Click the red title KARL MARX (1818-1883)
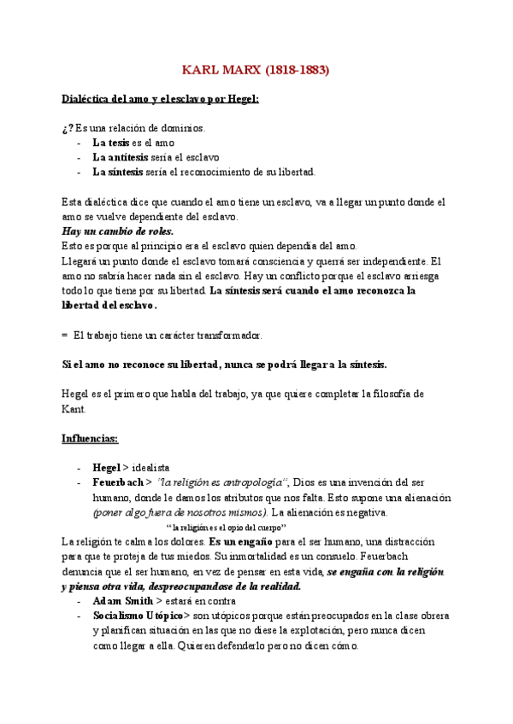tap(256, 69)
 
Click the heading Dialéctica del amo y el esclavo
tap(160, 99)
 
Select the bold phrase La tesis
tap(112, 143)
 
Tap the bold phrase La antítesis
tap(120, 157)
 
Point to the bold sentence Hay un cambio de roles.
tap(117, 231)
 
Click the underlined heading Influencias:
tap(90, 438)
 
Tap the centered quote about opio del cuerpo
tap(235, 528)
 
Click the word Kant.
tap(74, 409)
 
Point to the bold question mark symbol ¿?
tap(68, 128)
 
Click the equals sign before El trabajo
tap(65, 335)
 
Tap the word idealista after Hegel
tap(151, 468)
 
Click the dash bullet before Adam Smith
tap(79, 601)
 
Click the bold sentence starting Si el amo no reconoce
tap(225, 365)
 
